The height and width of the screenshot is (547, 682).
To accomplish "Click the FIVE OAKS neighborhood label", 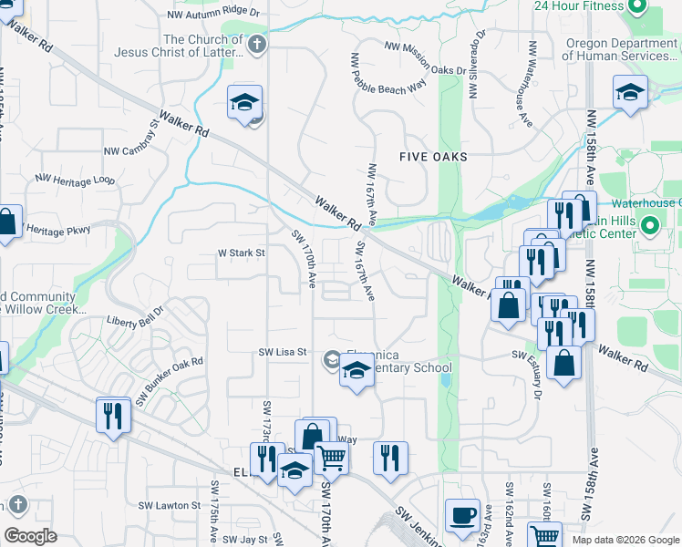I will [433, 157].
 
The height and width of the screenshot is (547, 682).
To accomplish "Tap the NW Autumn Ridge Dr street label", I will [214, 15].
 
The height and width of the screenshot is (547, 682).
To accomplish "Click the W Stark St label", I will [241, 253].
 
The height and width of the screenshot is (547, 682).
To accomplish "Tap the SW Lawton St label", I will [169, 504].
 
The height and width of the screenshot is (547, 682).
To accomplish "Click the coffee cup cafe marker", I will [462, 515].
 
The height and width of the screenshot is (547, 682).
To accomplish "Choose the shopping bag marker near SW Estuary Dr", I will [565, 363].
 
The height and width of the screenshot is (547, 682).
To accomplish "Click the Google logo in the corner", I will [30, 536].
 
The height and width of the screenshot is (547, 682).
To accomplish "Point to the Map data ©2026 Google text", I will [625, 540].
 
